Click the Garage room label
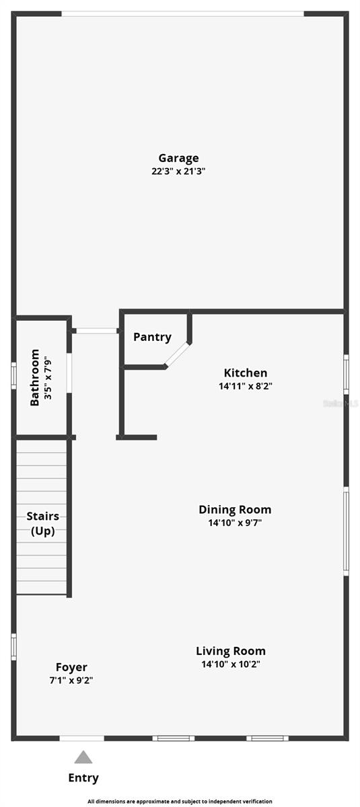(x=178, y=158)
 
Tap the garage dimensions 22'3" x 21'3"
(x=178, y=171)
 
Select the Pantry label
(x=152, y=337)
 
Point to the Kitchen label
(x=246, y=373)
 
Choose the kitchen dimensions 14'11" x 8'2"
(x=246, y=386)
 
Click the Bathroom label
(x=35, y=377)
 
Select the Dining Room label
(x=235, y=509)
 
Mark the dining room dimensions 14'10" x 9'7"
(x=235, y=523)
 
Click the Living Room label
(x=231, y=650)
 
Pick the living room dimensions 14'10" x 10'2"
(x=231, y=664)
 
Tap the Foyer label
(x=71, y=667)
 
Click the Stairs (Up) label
(x=42, y=523)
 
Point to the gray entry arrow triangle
(x=83, y=758)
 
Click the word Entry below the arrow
(x=83, y=778)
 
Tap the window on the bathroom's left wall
(x=13, y=376)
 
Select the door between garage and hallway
(x=96, y=331)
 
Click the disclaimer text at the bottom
(x=180, y=802)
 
